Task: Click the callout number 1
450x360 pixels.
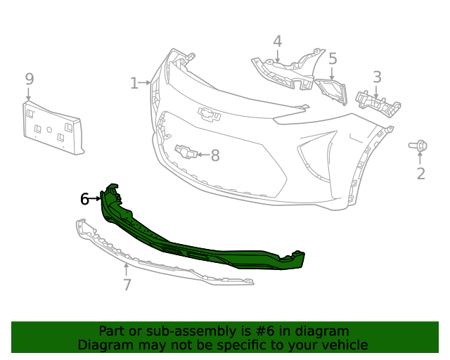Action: (134, 84)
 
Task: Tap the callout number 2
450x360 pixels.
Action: (420, 174)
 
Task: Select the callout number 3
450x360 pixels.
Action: (377, 77)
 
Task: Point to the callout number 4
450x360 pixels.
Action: (278, 41)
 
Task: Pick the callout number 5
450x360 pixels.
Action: (333, 59)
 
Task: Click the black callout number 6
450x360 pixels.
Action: (85, 199)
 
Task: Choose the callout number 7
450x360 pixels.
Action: (127, 285)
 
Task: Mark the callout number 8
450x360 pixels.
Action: (215, 155)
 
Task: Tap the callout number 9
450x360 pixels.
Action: (29, 79)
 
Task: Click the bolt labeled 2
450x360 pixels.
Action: (417, 146)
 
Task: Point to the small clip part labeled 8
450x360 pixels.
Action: (186, 151)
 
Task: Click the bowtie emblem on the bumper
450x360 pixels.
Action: (207, 112)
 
